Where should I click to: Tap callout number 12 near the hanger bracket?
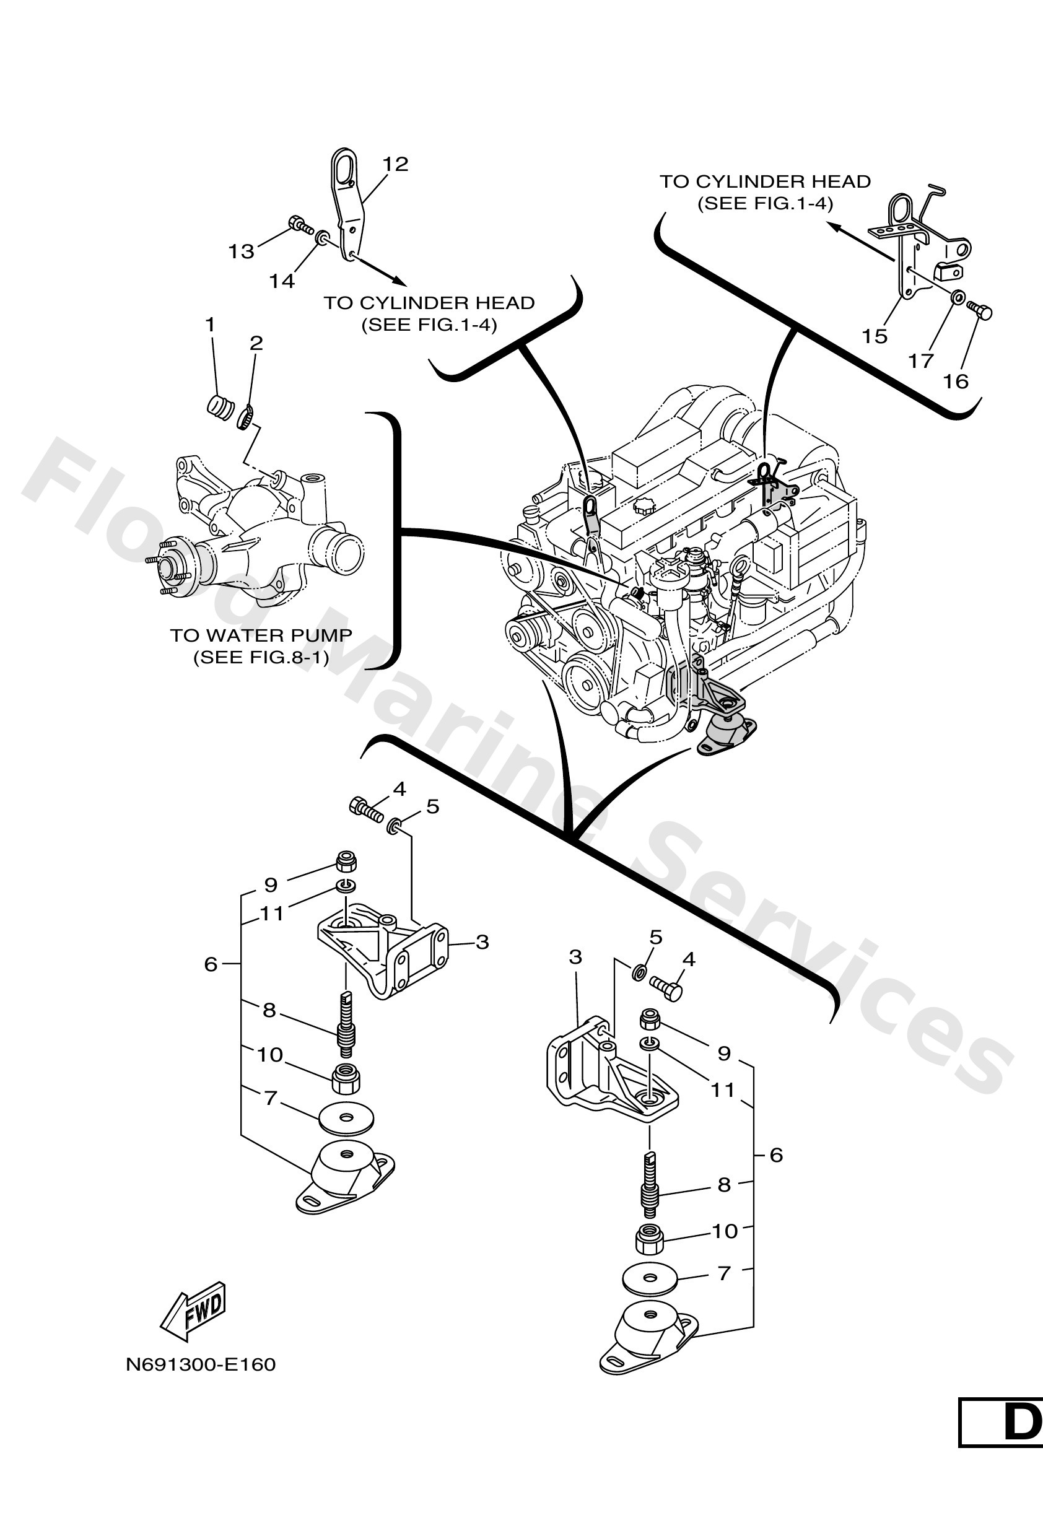(x=395, y=164)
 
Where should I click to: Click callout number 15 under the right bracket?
(x=874, y=336)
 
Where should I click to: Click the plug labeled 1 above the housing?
(x=220, y=406)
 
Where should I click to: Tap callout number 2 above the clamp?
(x=256, y=343)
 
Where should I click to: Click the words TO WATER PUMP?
(x=261, y=635)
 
